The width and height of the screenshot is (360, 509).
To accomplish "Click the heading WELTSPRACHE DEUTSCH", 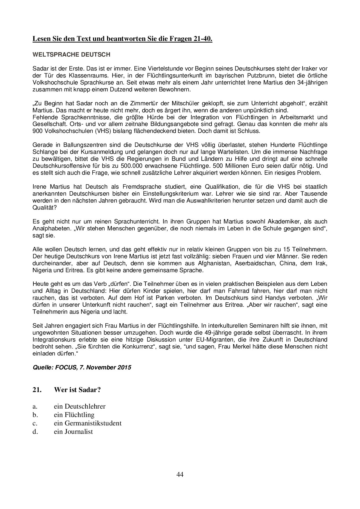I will tap(71, 55).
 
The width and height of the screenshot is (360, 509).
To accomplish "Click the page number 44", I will tap(180, 474).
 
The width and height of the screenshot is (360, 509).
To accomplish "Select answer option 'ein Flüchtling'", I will tap(74, 415).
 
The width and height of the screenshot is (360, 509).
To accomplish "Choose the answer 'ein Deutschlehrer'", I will tap(80, 406).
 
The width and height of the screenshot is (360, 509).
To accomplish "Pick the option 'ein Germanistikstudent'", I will tap(88, 423).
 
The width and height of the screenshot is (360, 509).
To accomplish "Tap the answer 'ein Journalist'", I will tap(73, 432).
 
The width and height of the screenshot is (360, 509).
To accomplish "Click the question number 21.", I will tap(37, 390).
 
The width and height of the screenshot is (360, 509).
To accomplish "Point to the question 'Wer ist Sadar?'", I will tap(77, 390).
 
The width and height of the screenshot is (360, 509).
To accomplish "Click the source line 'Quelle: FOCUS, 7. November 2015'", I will tap(82, 367).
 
